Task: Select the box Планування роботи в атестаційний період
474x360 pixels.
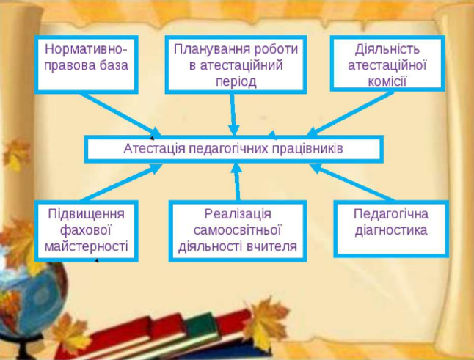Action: point(236,65)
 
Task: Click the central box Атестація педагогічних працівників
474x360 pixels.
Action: point(233,148)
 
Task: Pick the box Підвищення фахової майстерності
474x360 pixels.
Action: point(86,229)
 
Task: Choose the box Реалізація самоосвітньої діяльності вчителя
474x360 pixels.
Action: point(237,229)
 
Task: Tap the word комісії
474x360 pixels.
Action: point(387,81)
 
